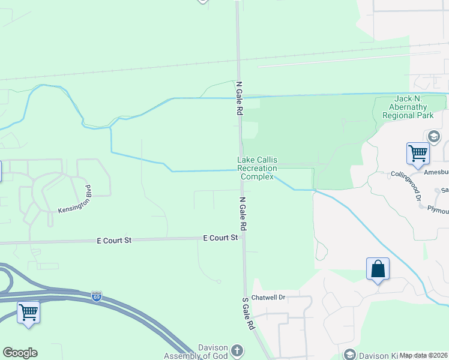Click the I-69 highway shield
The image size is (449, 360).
[97, 296]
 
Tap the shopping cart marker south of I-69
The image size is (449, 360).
[28, 312]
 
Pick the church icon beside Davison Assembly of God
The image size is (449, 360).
[237, 350]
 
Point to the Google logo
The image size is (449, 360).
[20, 353]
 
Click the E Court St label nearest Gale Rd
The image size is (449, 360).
[220, 238]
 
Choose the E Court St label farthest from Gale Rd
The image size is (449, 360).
[114, 240]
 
